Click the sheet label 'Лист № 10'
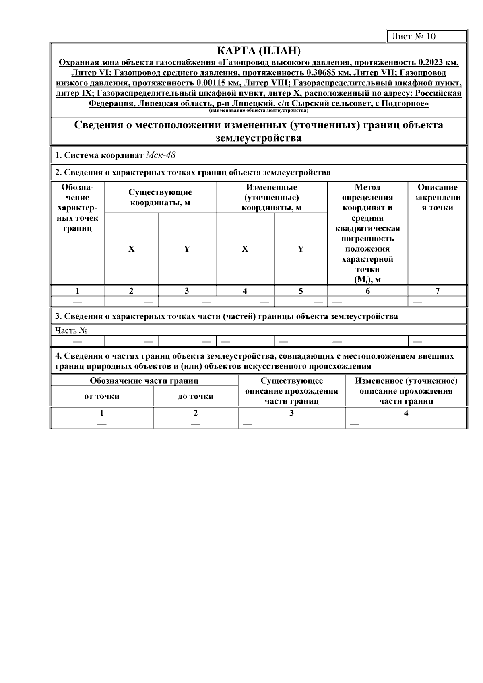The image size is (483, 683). pos(413,37)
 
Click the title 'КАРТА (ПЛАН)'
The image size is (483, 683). pos(258,51)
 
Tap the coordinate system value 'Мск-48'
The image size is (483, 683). pos(161,155)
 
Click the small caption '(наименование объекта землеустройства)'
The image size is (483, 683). pos(258,110)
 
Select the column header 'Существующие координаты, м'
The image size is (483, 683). pos(160,197)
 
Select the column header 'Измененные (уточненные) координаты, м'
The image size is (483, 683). pos(271,197)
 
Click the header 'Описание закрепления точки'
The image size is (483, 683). pos(437,197)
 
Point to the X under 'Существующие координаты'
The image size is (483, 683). pos(131,249)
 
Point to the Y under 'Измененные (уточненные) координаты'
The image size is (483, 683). pos(300,249)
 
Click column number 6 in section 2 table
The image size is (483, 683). pos(367,291)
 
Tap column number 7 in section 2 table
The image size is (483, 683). pos(437,291)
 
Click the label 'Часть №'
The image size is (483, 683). pos(72,330)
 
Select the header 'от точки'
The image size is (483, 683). pos(101,396)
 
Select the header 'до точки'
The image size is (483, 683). pos(196,396)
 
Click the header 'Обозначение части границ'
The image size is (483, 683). pos(144,381)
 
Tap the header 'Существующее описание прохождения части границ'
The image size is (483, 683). pos(291,391)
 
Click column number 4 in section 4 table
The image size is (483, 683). pos(406,413)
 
